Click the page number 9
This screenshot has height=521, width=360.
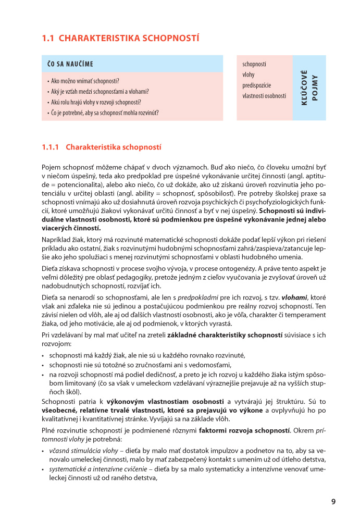(x=333, y=502)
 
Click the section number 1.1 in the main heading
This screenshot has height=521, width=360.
(x=48, y=38)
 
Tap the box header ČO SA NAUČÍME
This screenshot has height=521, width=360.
(x=70, y=64)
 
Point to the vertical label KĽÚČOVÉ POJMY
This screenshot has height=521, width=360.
(x=309, y=88)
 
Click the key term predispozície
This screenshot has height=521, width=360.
(x=257, y=85)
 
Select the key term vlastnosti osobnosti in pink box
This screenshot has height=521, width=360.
(x=264, y=96)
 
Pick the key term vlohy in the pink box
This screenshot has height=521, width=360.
(x=249, y=75)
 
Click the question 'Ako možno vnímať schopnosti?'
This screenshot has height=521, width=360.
(x=85, y=81)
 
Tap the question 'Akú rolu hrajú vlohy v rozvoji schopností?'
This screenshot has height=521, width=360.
(x=96, y=102)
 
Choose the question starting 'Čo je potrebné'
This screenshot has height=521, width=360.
(x=104, y=113)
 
